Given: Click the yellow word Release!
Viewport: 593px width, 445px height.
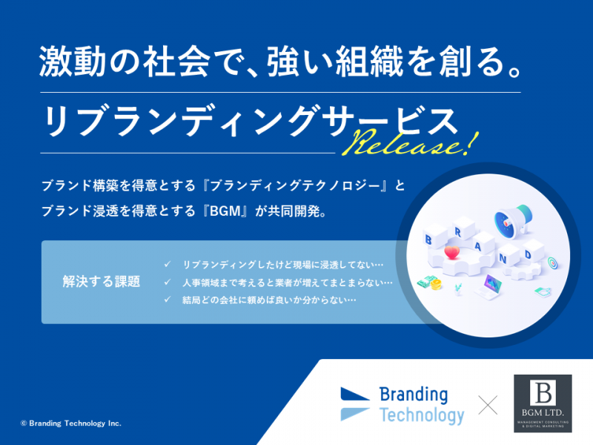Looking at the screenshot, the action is tap(411, 142).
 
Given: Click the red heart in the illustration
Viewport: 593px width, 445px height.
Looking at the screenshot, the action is tap(451, 252).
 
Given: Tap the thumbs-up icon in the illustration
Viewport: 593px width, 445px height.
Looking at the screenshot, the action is tap(543, 291).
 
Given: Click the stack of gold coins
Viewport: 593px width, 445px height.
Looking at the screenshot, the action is tap(436, 284).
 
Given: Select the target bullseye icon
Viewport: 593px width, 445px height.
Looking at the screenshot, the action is tap(552, 263).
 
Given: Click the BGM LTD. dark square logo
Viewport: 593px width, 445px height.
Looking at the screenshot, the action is tap(543, 403).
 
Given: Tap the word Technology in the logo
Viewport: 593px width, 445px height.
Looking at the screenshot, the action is tap(422, 415).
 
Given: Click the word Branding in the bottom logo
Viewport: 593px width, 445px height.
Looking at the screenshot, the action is tap(414, 395).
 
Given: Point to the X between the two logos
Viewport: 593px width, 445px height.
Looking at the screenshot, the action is tap(488, 405).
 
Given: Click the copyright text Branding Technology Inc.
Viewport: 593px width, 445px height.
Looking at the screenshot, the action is tap(71, 423).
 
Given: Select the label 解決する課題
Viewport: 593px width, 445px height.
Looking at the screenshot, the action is tap(102, 282).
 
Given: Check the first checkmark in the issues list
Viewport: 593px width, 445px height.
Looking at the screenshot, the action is tap(168, 264).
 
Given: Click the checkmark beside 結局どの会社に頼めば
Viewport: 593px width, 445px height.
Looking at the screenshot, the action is tap(168, 300).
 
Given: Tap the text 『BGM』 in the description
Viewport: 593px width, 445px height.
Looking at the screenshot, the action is tap(225, 211).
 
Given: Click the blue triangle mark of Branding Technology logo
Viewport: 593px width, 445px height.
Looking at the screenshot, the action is tap(355, 394).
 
